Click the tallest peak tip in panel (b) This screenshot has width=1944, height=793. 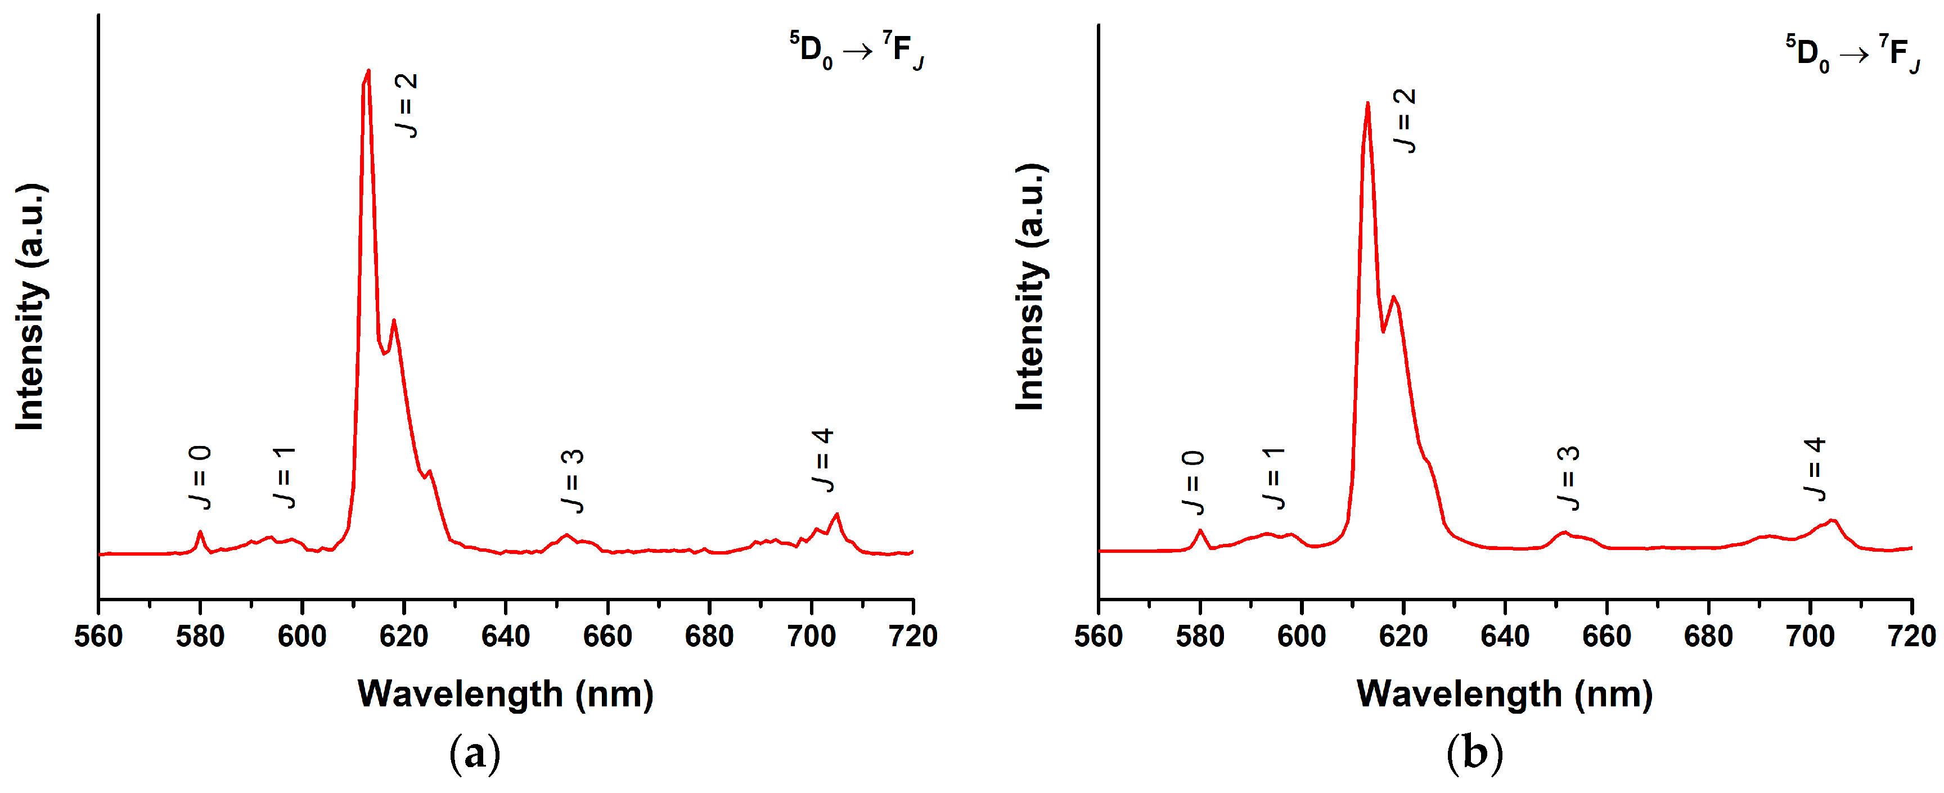tap(1367, 103)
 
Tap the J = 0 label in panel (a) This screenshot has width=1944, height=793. tap(200, 477)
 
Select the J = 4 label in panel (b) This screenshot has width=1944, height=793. tap(1815, 468)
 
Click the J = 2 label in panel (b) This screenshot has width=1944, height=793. tap(1405, 121)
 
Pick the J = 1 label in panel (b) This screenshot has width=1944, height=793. tap(1274, 477)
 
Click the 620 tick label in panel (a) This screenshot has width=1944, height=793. tap(404, 636)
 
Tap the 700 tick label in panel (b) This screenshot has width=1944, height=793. tap(1810, 636)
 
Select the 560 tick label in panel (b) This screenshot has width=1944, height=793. tap(1098, 636)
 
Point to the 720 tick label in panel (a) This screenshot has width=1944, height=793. tap(913, 636)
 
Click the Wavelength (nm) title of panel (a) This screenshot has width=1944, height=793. tap(505, 693)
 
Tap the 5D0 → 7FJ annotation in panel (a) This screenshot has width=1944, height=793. tap(857, 50)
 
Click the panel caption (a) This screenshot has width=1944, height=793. tap(475, 753)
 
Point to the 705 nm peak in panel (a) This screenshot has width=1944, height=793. tap(836, 515)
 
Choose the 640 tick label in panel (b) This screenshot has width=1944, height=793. tap(1505, 636)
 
